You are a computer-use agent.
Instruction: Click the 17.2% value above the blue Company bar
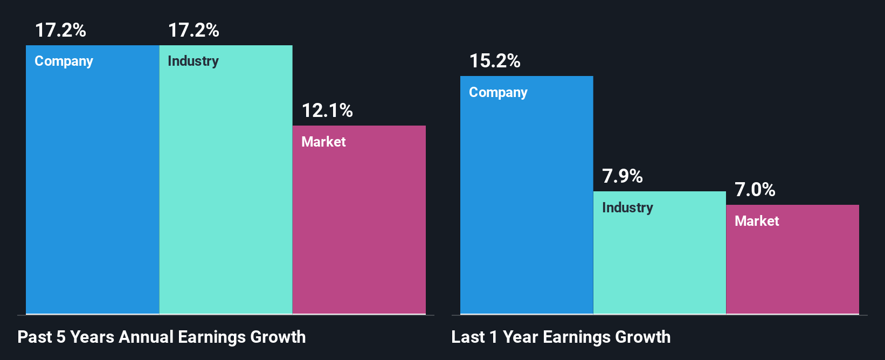coord(60,30)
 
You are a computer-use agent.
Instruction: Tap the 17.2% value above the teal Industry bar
coord(193,30)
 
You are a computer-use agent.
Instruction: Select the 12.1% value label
coord(327,110)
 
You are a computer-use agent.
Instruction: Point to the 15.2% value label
coord(495,61)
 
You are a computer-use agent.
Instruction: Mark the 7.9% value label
coord(623,176)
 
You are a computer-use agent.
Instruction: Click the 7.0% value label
coord(755,190)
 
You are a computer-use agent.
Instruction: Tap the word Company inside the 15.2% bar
coord(498,93)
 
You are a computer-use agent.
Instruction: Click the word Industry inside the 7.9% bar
coord(627,207)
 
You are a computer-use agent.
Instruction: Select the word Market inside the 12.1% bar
coord(323,142)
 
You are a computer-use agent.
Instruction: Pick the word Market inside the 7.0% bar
coord(757,221)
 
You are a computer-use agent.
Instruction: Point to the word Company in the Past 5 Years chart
coord(64,61)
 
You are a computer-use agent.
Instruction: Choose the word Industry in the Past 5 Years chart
coord(193,61)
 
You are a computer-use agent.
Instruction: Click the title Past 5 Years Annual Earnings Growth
coord(162,337)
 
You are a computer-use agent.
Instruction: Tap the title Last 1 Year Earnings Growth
coord(561,337)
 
